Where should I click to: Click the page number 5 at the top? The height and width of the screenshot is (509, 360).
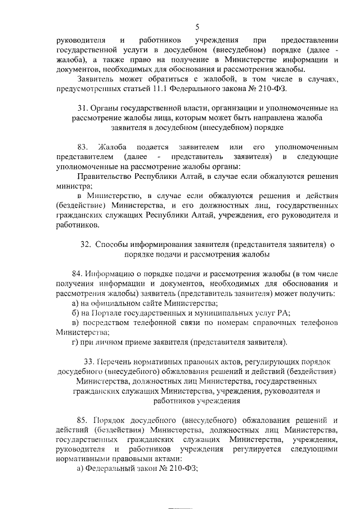[x=197, y=26]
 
